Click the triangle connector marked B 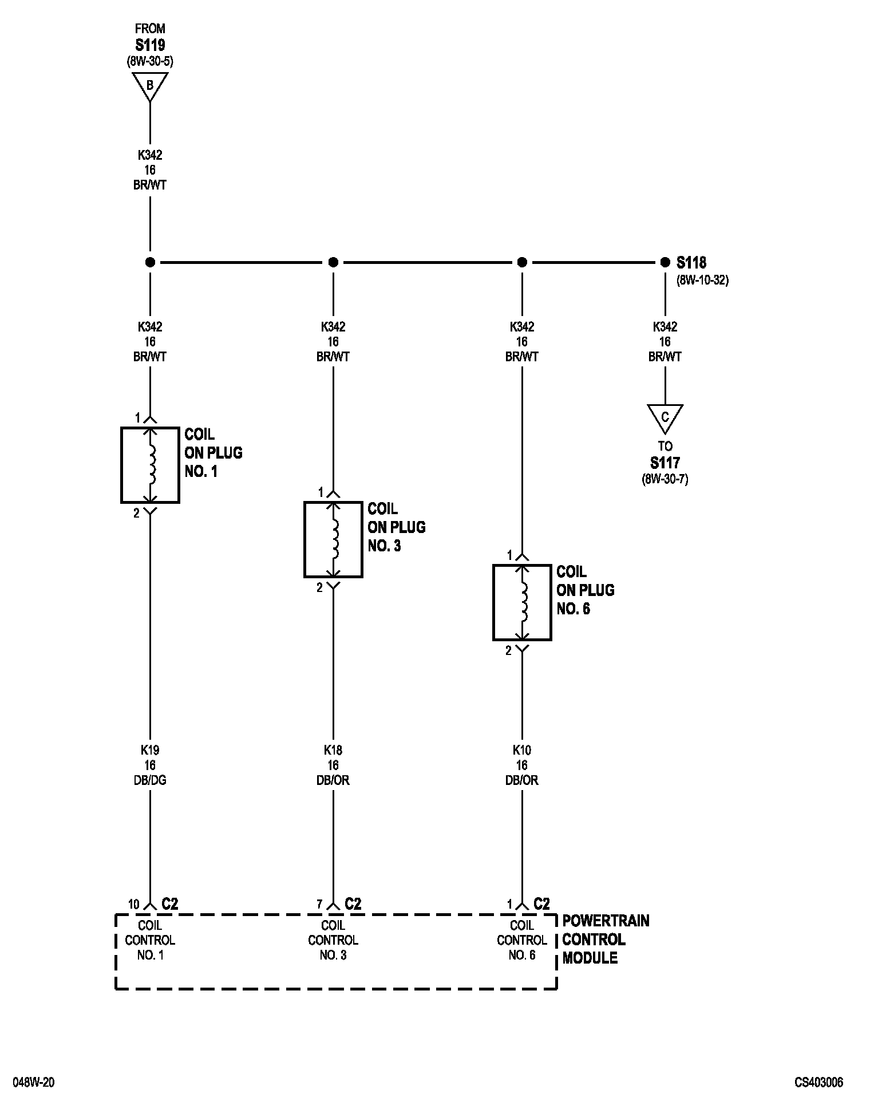(x=150, y=86)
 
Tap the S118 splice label (x=691, y=263)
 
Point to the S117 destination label (x=665, y=463)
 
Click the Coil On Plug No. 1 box (x=122, y=465)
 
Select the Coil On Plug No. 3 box (x=305, y=539)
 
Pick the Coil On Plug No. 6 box (x=494, y=602)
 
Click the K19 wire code (x=150, y=750)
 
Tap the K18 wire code (x=333, y=750)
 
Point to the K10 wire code (x=522, y=750)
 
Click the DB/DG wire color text (x=150, y=780)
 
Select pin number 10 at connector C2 (x=133, y=905)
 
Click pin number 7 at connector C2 (x=320, y=905)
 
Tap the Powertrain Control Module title (x=606, y=940)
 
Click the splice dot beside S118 (x=665, y=262)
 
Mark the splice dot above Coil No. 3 (x=333, y=262)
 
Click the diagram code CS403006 (x=818, y=1083)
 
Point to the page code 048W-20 (x=34, y=1083)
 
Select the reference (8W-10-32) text (x=702, y=281)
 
